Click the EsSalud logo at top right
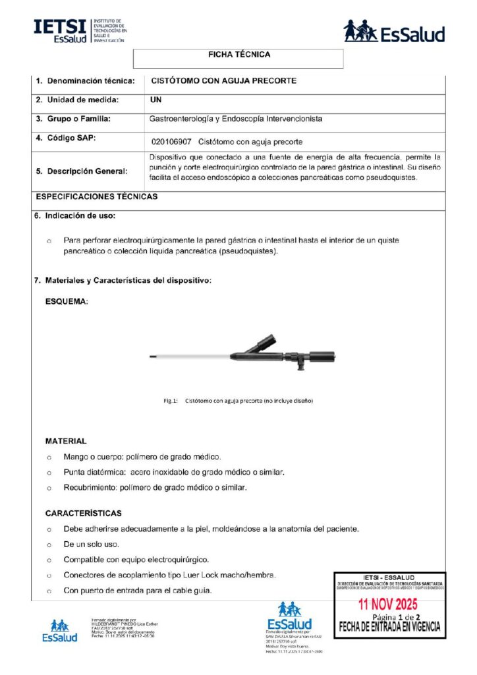tap(394, 32)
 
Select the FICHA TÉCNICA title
tap(238, 55)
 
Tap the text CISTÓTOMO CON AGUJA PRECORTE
tap(224, 81)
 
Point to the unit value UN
tap(156, 100)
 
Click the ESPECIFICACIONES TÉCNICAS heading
tap(96, 196)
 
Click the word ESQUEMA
tap(67, 301)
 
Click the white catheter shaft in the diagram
tap(191, 357)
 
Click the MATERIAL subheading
tap(66, 441)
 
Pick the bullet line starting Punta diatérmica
tap(174, 473)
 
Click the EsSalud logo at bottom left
tap(59, 630)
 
